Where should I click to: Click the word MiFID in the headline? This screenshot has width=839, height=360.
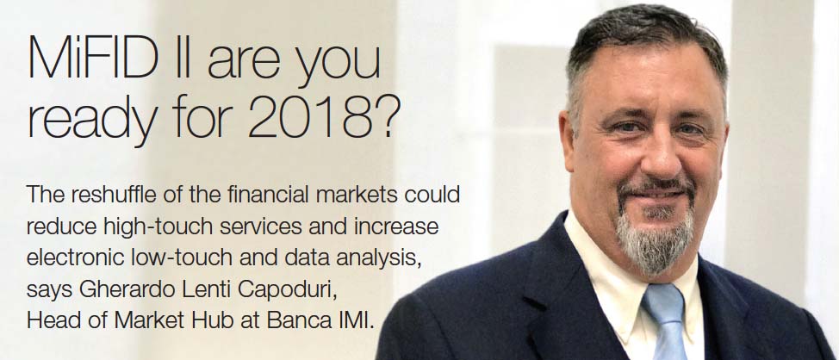tap(92, 59)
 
